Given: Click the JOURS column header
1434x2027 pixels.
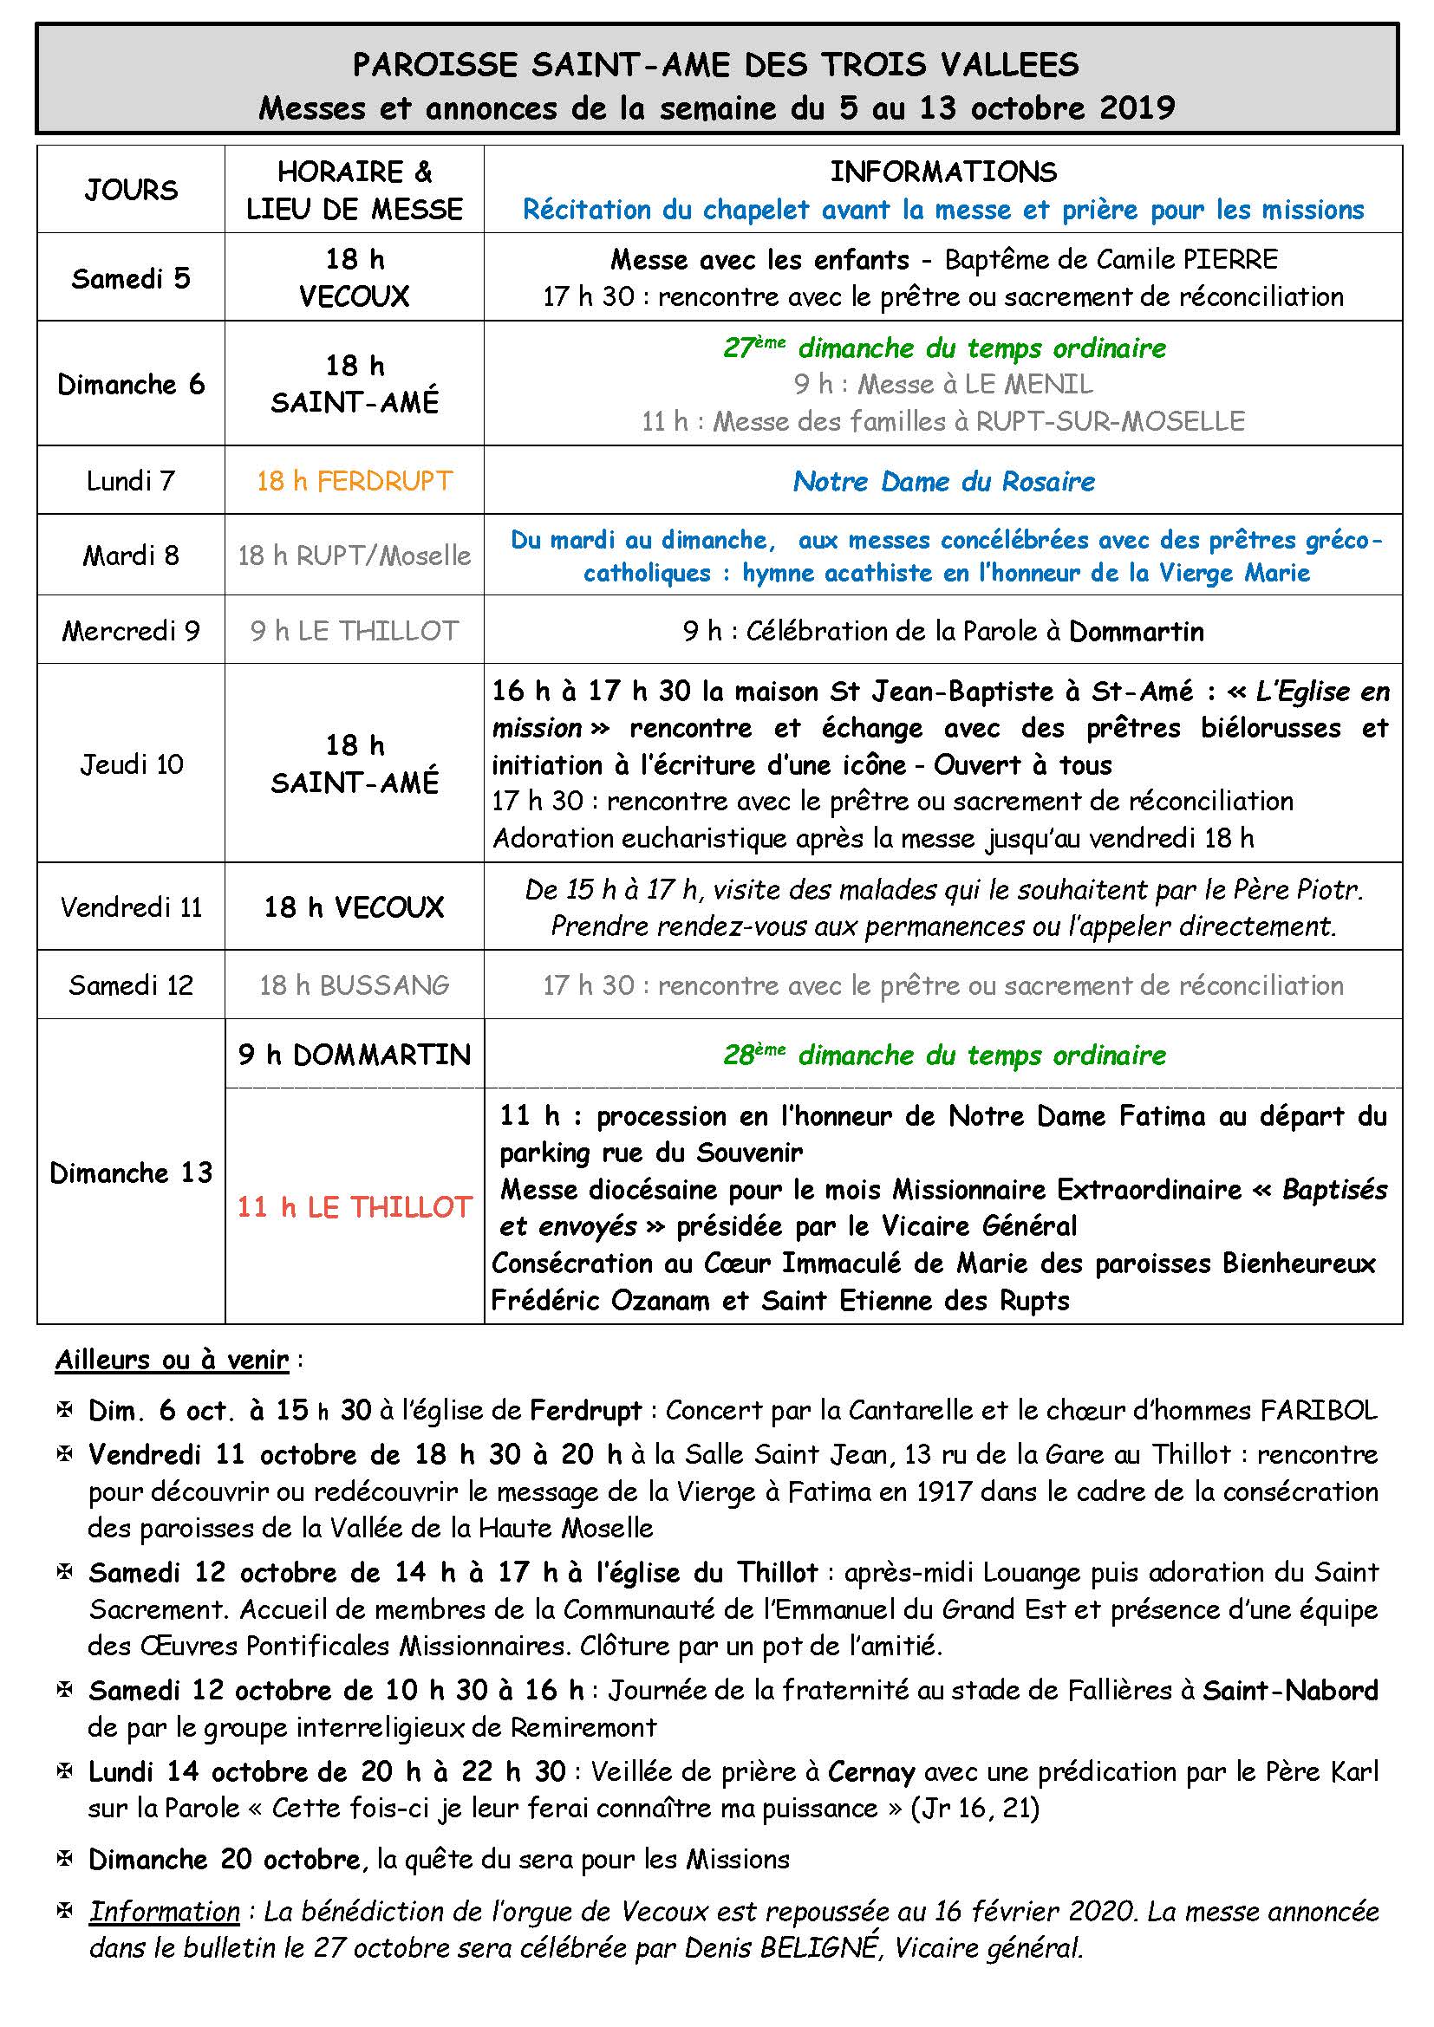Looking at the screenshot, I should [x=131, y=190].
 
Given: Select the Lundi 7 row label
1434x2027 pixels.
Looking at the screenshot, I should [x=131, y=481].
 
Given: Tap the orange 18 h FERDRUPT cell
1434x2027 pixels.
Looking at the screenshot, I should [x=354, y=481].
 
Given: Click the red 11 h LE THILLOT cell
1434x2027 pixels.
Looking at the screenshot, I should [x=354, y=1207].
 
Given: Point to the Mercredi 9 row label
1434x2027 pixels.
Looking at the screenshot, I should [x=131, y=630].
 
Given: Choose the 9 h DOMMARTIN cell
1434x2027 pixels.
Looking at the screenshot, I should [x=354, y=1055].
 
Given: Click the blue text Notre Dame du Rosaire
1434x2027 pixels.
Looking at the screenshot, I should [x=943, y=481].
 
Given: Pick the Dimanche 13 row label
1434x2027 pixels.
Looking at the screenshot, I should [x=131, y=1173].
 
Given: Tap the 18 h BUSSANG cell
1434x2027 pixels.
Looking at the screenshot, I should [x=354, y=985].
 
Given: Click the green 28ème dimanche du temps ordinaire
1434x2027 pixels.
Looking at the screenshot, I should [x=943, y=1055].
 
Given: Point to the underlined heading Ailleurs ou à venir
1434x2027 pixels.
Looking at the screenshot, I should [x=172, y=1360].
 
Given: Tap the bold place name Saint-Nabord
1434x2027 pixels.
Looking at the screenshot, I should [x=1290, y=1690].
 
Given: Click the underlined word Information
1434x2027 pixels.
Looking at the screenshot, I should [x=164, y=1912].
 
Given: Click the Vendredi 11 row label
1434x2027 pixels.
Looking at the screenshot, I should [x=131, y=907].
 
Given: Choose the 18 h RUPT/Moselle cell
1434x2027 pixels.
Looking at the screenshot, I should [x=354, y=555].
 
